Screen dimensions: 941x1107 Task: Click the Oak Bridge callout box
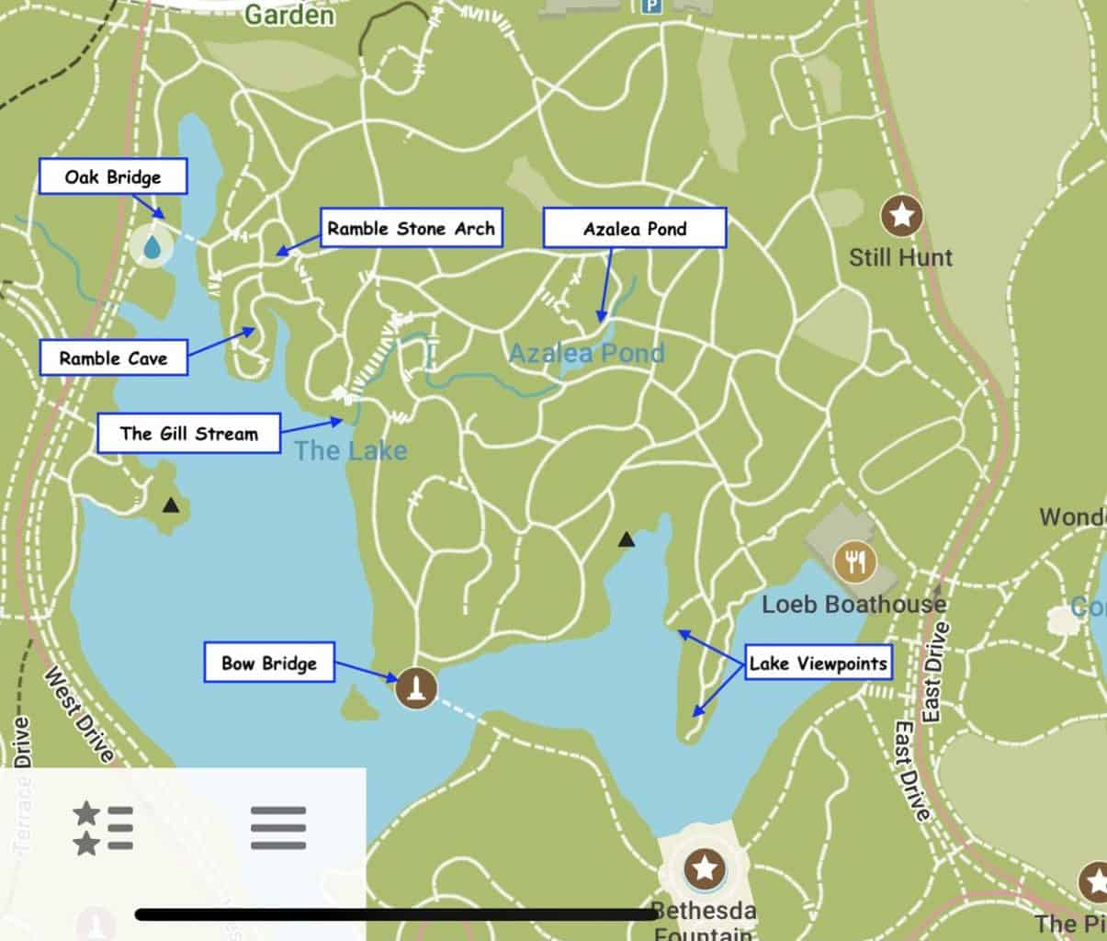click(x=113, y=176)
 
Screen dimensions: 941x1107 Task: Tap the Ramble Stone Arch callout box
click(x=411, y=228)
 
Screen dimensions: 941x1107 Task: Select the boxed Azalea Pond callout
click(x=634, y=228)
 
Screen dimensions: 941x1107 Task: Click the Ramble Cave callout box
click(x=114, y=357)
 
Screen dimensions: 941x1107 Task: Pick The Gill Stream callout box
click(x=188, y=433)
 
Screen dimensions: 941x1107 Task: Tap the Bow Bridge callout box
click(x=268, y=663)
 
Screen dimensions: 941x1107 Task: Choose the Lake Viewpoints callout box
click(x=818, y=663)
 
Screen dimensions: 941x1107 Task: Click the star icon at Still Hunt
click(x=901, y=216)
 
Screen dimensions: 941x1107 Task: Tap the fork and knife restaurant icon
click(x=854, y=561)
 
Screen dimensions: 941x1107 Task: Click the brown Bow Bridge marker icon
click(x=416, y=686)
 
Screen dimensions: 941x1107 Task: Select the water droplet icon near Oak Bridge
click(x=152, y=247)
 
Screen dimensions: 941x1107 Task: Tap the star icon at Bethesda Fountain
click(x=705, y=867)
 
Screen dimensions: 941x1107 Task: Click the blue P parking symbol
click(x=651, y=7)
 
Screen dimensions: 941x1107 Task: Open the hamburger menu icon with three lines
click(x=278, y=828)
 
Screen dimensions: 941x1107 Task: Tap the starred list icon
click(x=103, y=828)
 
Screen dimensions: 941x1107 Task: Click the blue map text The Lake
click(x=350, y=450)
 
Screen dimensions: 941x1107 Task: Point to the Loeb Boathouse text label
click(x=853, y=604)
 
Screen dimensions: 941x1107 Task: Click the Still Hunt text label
click(x=900, y=257)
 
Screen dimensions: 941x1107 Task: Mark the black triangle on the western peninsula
click(x=171, y=505)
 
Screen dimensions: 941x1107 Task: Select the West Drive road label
click(x=79, y=715)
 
